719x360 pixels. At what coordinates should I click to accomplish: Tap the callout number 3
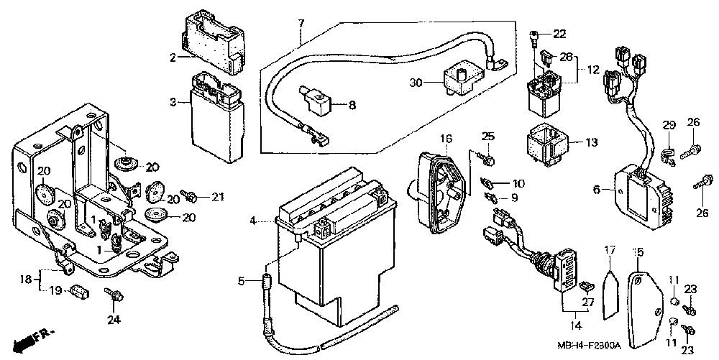point(173,103)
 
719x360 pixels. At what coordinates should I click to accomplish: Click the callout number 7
point(301,23)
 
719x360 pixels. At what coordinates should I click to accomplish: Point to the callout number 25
point(489,137)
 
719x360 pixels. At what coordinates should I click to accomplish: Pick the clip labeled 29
point(667,151)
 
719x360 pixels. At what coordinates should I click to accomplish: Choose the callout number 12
point(592,70)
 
